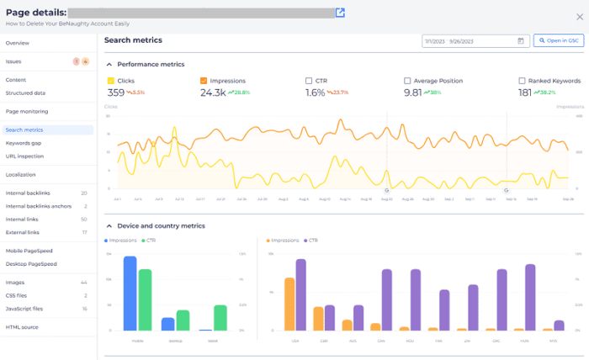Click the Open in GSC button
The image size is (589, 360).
click(558, 40)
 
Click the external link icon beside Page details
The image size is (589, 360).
click(340, 13)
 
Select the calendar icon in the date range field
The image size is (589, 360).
click(520, 40)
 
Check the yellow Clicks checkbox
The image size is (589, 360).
click(110, 81)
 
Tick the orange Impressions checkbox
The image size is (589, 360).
click(204, 81)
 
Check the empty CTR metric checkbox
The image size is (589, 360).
click(309, 81)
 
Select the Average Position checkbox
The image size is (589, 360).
click(407, 81)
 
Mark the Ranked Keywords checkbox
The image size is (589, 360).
click(522, 81)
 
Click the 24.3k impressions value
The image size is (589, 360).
click(213, 93)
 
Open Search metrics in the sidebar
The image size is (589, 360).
click(24, 130)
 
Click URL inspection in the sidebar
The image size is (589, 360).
click(24, 156)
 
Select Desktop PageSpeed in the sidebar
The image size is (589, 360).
click(31, 263)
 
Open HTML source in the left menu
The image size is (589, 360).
click(22, 326)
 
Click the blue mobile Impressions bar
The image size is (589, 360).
click(130, 294)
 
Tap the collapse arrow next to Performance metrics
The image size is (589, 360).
click(109, 64)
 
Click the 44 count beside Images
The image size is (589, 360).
click(83, 283)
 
